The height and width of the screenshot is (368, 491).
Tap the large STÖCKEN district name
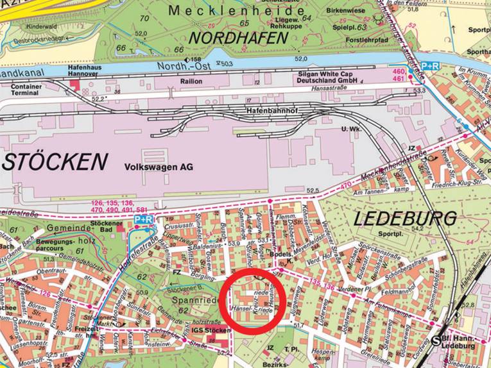click(x=52, y=162)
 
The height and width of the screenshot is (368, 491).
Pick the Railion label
click(x=191, y=81)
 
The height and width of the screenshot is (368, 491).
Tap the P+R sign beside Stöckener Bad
click(x=143, y=220)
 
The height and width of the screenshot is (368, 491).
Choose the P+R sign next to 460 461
click(x=429, y=66)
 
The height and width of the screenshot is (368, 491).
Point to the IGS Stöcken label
click(x=212, y=330)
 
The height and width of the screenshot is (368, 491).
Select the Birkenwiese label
click(x=347, y=12)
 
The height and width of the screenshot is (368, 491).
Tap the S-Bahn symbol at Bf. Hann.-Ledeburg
click(x=438, y=340)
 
